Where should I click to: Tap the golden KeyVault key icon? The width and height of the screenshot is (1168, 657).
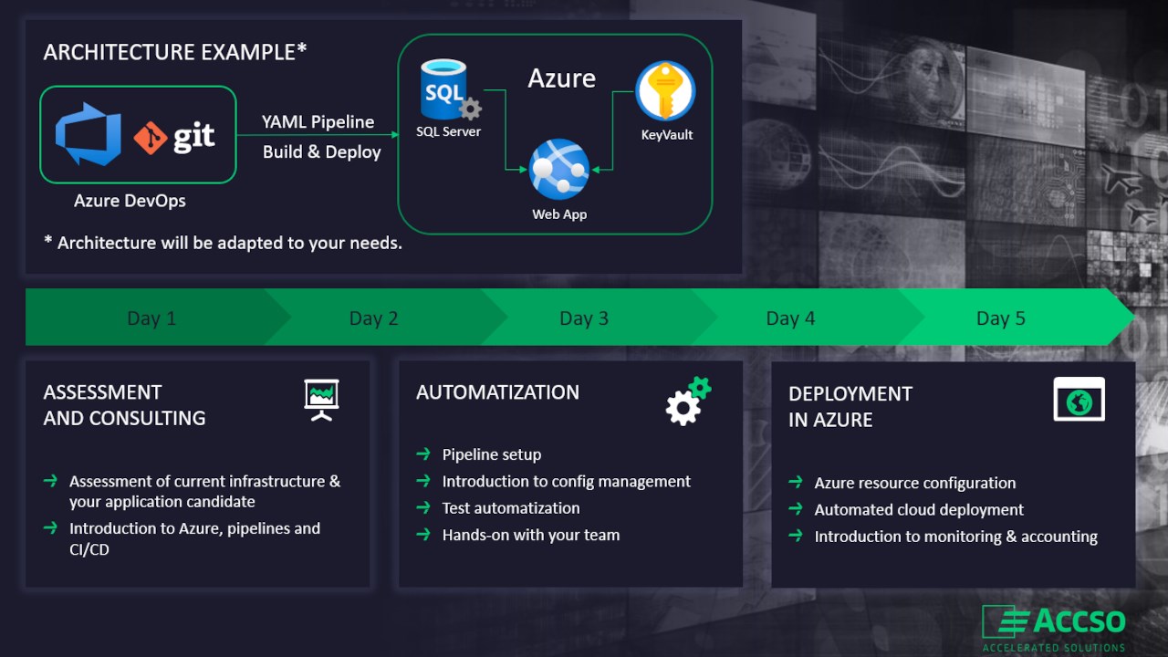[x=665, y=90]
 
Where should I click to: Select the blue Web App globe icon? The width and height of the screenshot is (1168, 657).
[x=559, y=169]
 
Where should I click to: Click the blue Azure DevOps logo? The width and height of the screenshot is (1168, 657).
[x=89, y=134]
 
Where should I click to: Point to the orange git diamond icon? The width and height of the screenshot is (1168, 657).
[x=151, y=138]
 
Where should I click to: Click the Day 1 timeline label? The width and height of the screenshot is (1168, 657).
[x=151, y=318]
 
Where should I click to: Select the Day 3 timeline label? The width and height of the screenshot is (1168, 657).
[x=583, y=318]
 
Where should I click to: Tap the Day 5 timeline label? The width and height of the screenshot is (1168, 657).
[x=1000, y=318]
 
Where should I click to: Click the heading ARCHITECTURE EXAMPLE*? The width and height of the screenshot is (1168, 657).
[x=174, y=52]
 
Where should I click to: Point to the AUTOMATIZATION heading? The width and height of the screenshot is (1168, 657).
[x=497, y=392]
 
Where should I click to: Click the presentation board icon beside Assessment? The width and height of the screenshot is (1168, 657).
[x=322, y=400]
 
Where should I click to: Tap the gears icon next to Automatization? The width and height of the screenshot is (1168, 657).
[x=688, y=401]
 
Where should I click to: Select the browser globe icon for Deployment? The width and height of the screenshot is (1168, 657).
[x=1079, y=399]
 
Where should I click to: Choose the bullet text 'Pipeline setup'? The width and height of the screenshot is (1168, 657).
[x=492, y=454]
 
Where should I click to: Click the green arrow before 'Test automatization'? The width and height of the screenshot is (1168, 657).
[x=423, y=507]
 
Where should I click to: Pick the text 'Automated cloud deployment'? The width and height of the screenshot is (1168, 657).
[x=919, y=509]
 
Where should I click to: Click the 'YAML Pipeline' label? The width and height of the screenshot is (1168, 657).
[x=318, y=122]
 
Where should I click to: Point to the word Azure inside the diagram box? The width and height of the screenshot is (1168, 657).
[x=561, y=78]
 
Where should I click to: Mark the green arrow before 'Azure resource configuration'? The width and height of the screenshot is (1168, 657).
[x=796, y=482]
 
